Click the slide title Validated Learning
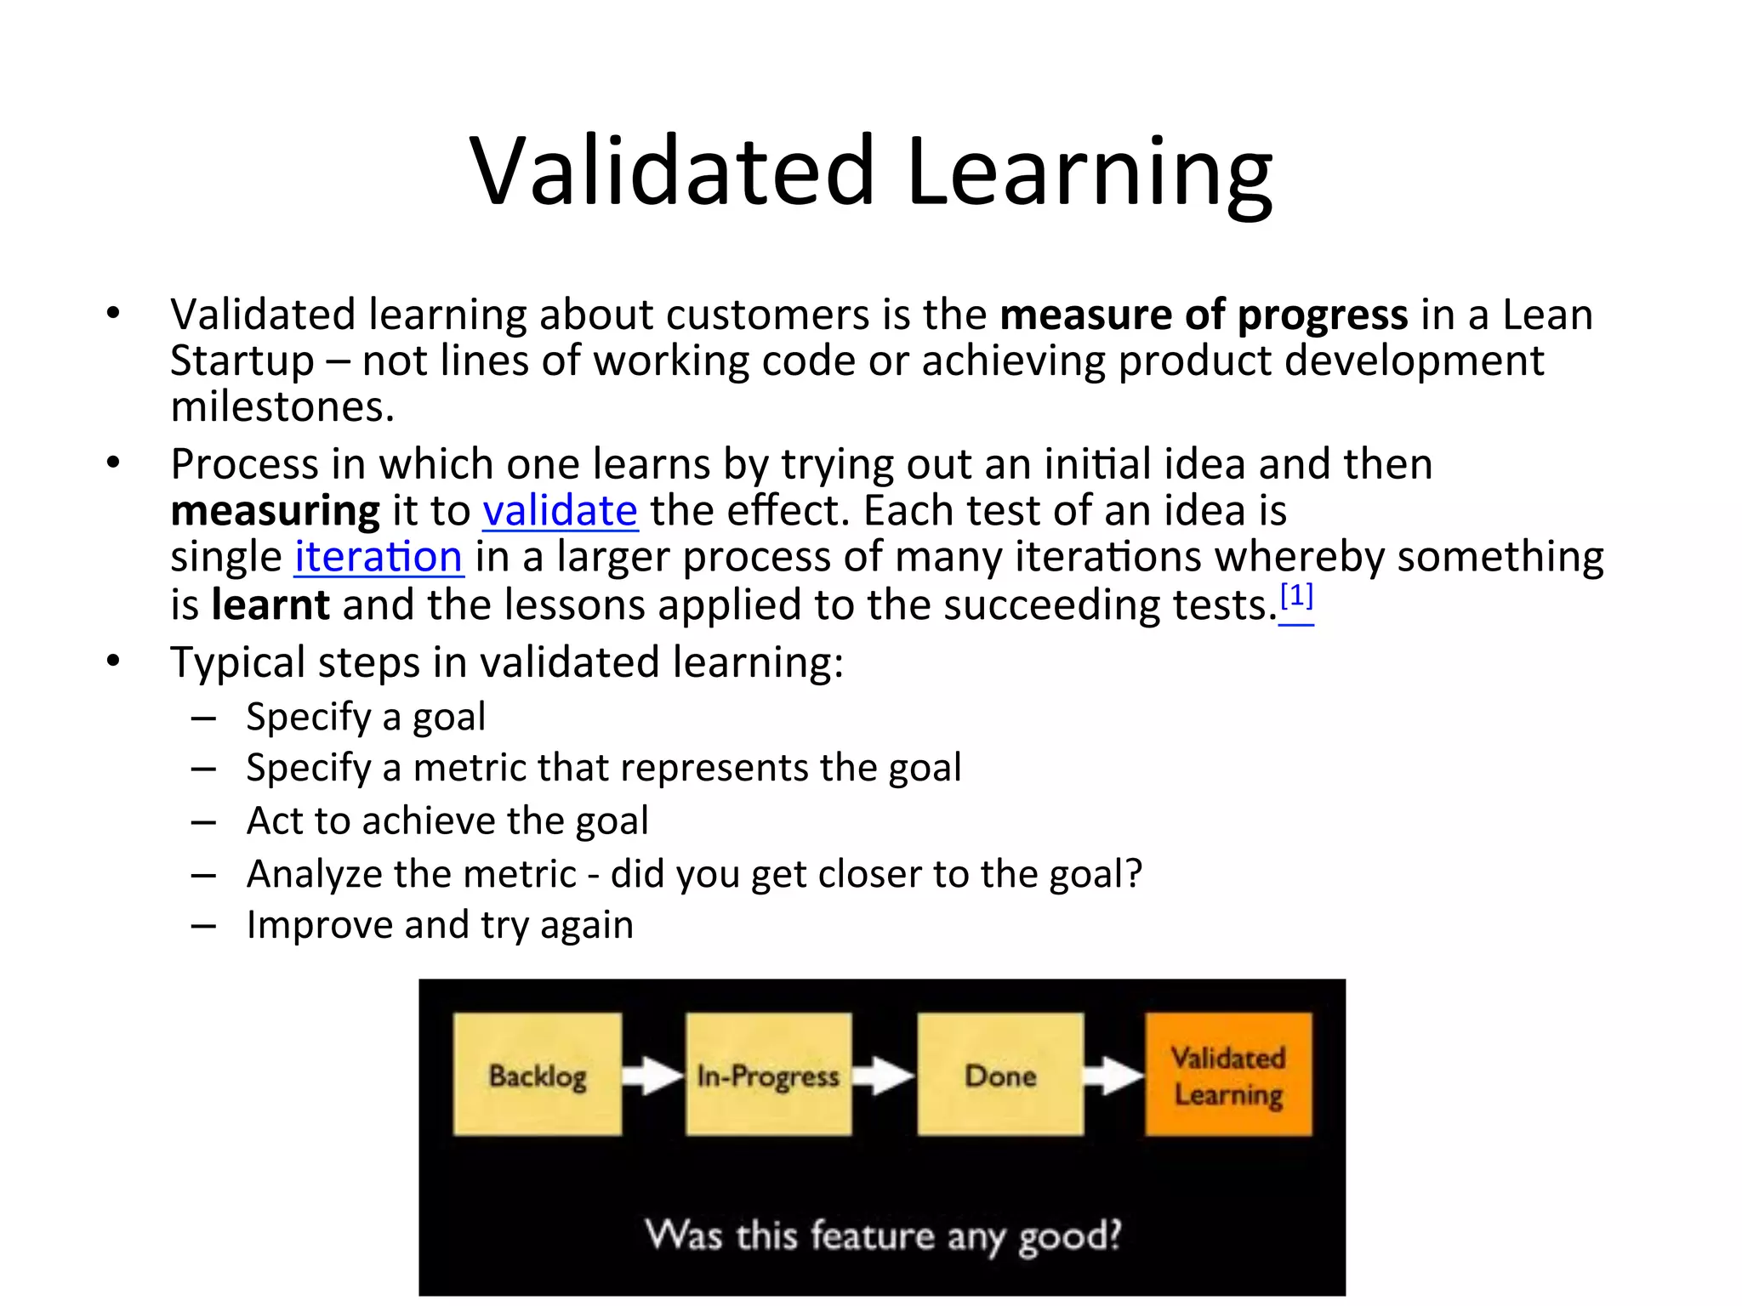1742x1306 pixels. [870, 172]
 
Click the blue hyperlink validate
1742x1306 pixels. [560, 511]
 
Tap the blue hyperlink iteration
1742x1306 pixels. [379, 558]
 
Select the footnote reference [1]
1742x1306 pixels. [1296, 598]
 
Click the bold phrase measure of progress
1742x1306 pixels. [1204, 315]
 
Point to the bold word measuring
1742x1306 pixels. [275, 511]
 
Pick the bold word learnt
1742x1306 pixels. [270, 605]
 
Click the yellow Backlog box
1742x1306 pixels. [538, 1075]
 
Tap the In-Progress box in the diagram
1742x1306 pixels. [768, 1075]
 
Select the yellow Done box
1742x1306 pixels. [1000, 1075]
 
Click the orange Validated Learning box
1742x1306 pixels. [1228, 1075]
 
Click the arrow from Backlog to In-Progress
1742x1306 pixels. [653, 1076]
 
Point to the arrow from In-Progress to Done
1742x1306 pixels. [884, 1076]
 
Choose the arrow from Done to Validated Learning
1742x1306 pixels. [1114, 1076]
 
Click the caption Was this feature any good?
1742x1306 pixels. [883, 1235]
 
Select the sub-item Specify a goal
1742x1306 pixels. [366, 717]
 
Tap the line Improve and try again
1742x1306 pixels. [440, 925]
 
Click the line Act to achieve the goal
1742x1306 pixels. [447, 821]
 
